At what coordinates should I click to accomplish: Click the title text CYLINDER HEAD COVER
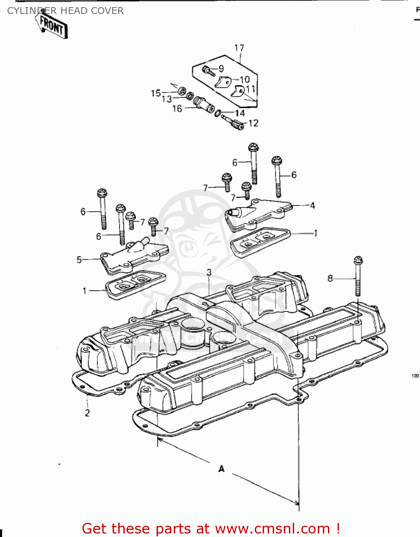click(x=65, y=11)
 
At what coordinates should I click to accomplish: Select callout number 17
click(x=239, y=48)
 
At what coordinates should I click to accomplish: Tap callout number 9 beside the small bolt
click(x=221, y=68)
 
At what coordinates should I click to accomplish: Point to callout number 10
click(x=245, y=79)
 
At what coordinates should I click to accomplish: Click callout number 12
click(x=253, y=123)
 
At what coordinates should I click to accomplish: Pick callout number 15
click(x=156, y=93)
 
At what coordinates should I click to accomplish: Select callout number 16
click(x=177, y=108)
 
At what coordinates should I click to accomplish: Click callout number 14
click(x=240, y=113)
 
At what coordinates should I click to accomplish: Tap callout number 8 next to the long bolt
click(x=330, y=278)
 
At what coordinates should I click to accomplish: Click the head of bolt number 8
click(x=358, y=260)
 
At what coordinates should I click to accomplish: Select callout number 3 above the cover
click(x=209, y=272)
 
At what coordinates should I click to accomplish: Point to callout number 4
click(x=312, y=205)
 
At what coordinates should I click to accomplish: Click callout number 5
click(x=79, y=260)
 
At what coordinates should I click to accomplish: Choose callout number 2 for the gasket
click(x=87, y=413)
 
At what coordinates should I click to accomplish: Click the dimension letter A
click(x=221, y=469)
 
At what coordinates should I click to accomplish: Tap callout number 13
click(x=167, y=99)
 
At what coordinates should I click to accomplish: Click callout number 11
click(x=251, y=88)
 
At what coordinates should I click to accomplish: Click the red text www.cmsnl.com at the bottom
click(x=272, y=528)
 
